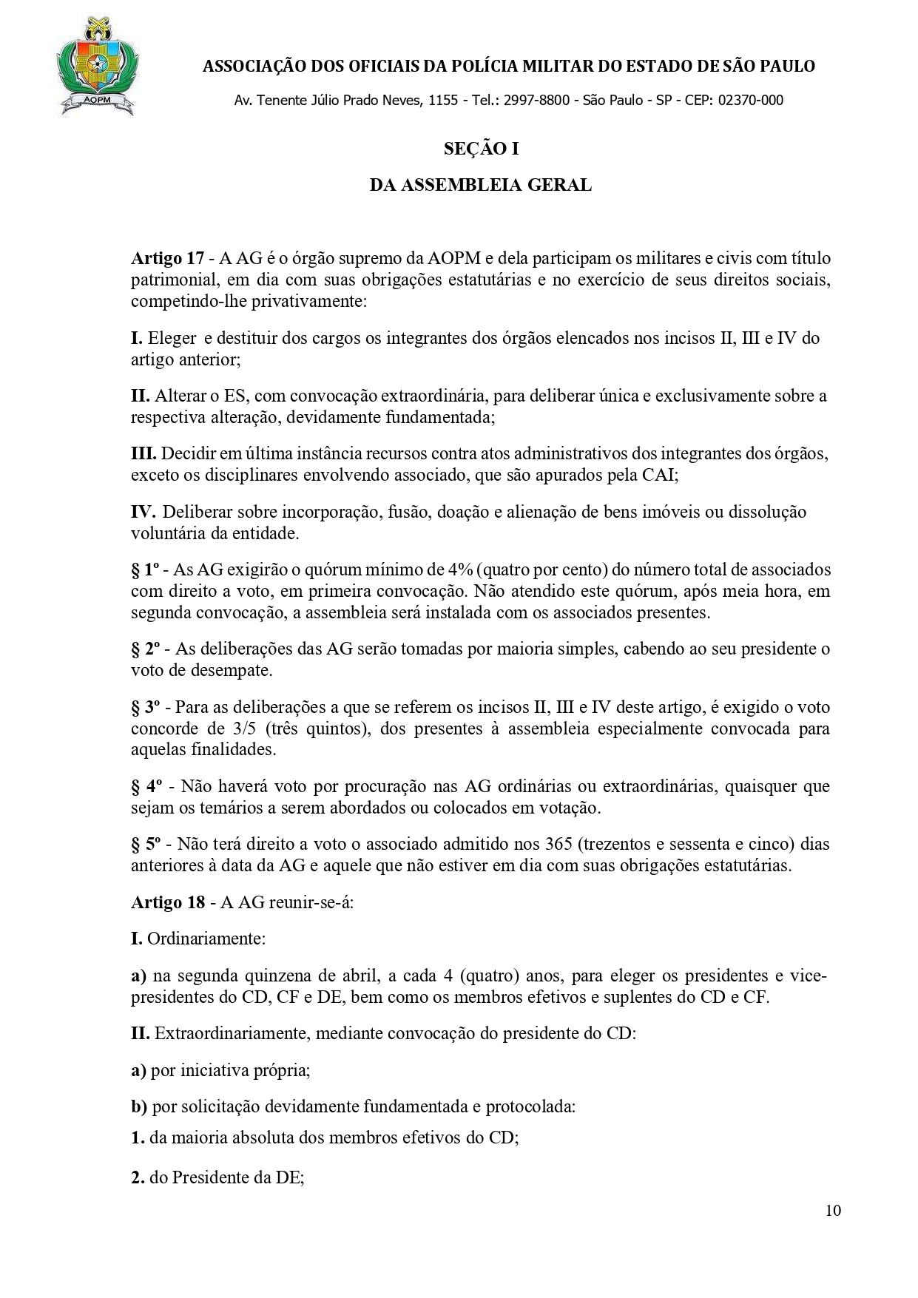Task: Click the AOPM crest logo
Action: pyautogui.click(x=95, y=69)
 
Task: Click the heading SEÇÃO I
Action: pyautogui.click(x=481, y=149)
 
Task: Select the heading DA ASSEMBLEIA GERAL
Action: pyautogui.click(x=481, y=185)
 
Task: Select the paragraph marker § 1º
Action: pyautogui.click(x=146, y=570)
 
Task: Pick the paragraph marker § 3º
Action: pyautogui.click(x=146, y=707)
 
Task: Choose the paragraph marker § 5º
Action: pyautogui.click(x=146, y=844)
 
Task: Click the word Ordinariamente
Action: pyautogui.click(x=206, y=939)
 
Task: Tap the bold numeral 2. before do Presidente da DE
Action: pyautogui.click(x=138, y=1180)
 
